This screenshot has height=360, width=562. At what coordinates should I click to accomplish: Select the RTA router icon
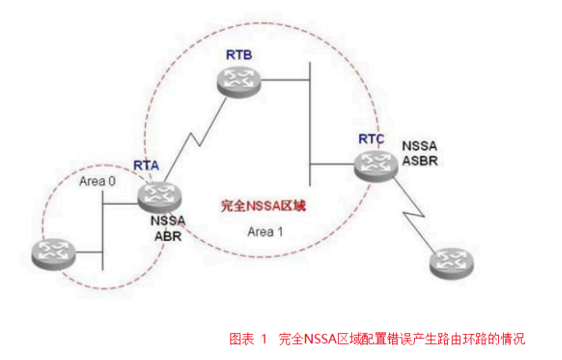[160, 195]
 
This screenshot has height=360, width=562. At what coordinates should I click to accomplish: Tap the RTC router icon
[375, 165]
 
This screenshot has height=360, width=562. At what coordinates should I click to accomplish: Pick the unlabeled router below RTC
[450, 262]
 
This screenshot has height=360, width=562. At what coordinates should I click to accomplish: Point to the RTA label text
[146, 165]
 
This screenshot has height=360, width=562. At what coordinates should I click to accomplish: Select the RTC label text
[371, 138]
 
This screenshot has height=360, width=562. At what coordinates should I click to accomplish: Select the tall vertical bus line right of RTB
[311, 121]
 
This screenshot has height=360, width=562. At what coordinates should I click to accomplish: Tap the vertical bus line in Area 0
[103, 231]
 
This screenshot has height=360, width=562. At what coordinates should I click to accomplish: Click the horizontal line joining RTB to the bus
[286, 79]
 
